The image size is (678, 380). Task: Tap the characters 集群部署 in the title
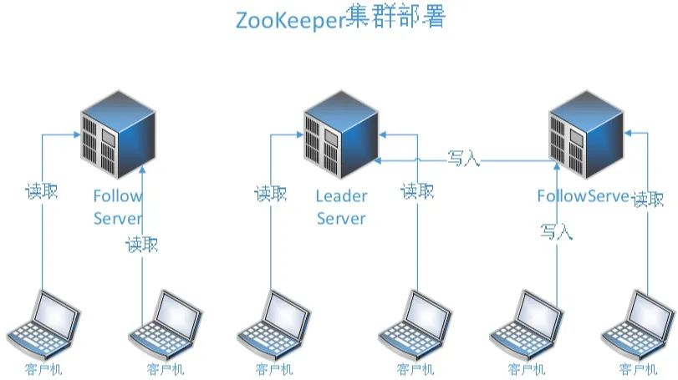coord(395,18)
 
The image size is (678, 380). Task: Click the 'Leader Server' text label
coord(341,207)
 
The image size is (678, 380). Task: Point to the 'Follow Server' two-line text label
coord(118,207)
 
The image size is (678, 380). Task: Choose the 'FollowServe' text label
coord(582,196)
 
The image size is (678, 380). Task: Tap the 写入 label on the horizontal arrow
coord(464,158)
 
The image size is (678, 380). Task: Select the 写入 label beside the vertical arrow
coord(556,231)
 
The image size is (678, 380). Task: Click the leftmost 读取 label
coord(41,191)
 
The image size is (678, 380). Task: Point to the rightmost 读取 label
coord(648,199)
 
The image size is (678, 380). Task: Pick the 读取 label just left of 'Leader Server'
coord(270,194)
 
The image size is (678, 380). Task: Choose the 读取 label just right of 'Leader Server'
coord(417,191)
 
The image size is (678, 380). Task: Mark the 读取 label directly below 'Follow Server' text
coord(141,245)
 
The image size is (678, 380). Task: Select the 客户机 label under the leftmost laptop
coord(43,369)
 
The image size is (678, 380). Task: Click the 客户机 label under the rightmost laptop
coord(637,369)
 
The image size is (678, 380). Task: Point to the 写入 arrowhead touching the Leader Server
coord(378,159)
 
